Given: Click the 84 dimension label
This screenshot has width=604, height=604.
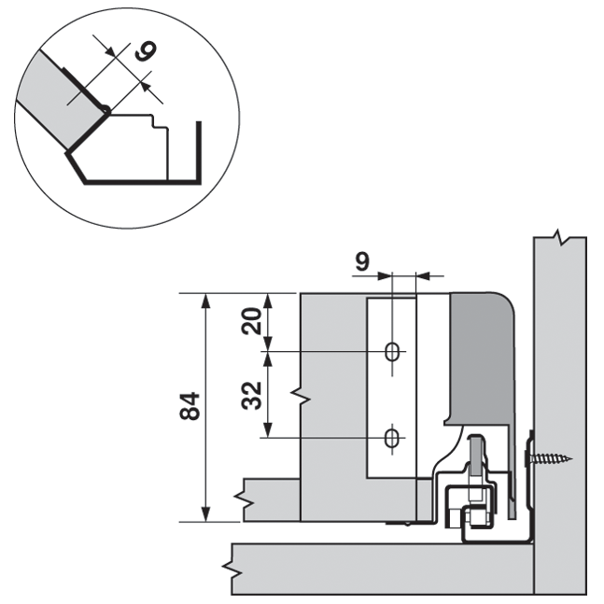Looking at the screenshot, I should coord(190,408).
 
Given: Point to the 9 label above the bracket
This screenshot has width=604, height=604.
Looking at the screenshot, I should coord(361,262).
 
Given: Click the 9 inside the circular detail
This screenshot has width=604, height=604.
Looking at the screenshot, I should coord(142,51).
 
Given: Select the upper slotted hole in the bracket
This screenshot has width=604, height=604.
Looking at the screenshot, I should coord(392,352).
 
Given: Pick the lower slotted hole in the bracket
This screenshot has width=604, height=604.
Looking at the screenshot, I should coord(392,437).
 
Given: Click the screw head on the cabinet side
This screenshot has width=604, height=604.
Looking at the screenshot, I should coord(529,458).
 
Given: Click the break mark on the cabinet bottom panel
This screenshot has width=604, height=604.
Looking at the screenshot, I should coord(228,567).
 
